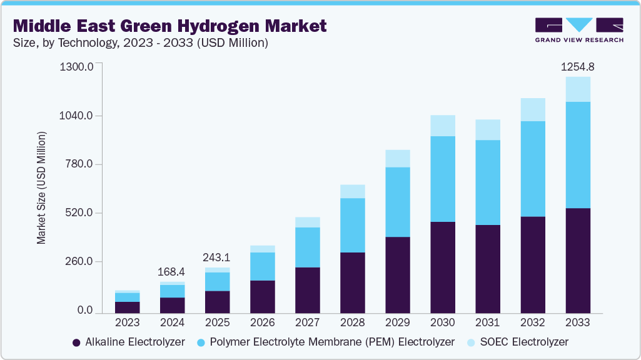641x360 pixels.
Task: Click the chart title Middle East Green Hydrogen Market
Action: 169,26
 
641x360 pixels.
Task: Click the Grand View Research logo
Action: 579,30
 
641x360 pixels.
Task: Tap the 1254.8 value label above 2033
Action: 577,66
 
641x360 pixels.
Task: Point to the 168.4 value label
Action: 172,272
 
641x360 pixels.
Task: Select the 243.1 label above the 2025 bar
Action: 217,257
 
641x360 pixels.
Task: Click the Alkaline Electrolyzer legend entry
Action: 129,342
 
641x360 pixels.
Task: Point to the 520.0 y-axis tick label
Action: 79,213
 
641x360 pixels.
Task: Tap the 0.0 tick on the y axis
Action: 85,311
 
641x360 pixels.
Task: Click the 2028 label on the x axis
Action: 352,322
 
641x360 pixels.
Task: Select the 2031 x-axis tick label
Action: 487,322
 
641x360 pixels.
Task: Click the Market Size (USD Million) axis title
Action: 41,187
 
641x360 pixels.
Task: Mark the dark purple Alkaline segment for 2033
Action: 577,260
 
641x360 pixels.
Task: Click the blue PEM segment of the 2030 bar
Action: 442,179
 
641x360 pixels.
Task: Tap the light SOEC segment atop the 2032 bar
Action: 532,109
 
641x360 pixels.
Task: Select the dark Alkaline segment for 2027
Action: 307,290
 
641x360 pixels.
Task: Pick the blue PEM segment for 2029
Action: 397,202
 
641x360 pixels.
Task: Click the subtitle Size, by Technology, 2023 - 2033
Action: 141,43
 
